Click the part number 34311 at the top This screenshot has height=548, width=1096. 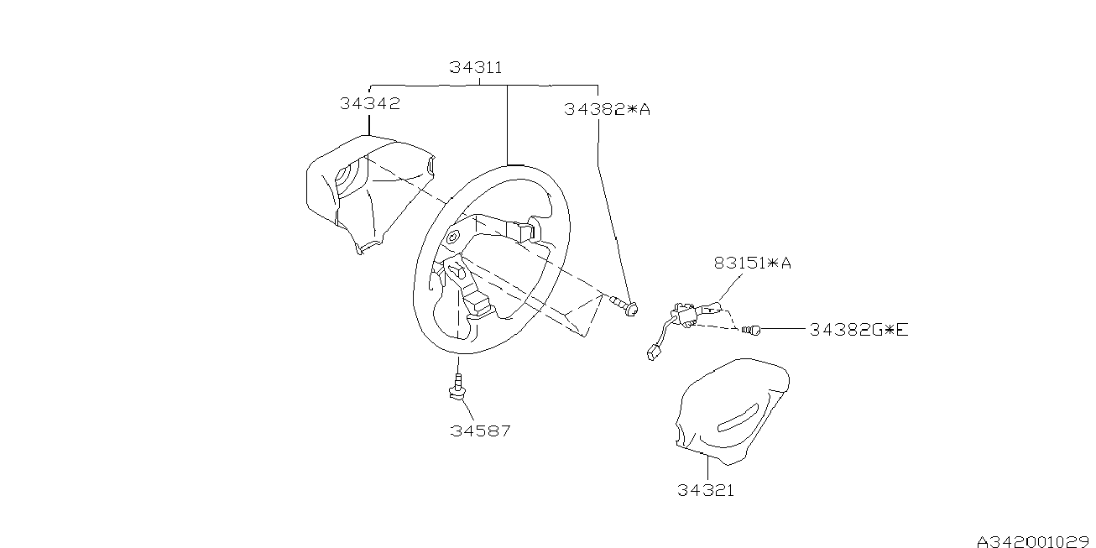click(476, 67)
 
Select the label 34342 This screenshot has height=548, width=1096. click(370, 104)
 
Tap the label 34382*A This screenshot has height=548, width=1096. click(608, 109)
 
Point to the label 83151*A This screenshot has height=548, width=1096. click(753, 264)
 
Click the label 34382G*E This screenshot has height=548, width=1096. click(859, 330)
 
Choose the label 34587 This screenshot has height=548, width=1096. click(480, 431)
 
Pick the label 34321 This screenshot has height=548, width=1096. click(706, 490)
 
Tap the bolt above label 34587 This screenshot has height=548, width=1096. click(458, 386)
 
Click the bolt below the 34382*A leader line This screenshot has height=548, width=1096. click(625, 305)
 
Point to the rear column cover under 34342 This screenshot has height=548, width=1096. click(361, 193)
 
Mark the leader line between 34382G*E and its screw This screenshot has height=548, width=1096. click(785, 330)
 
